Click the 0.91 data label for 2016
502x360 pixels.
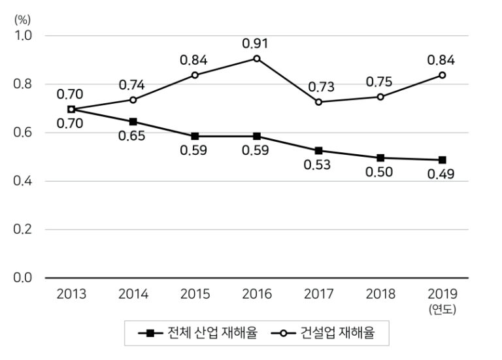(x=256, y=44)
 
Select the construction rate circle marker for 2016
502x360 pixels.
(x=257, y=58)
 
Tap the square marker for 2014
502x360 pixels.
(x=133, y=122)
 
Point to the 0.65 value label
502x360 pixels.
(x=132, y=137)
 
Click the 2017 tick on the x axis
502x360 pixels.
(x=318, y=294)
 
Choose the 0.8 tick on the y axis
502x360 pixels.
(x=23, y=84)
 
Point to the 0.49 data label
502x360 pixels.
(x=442, y=174)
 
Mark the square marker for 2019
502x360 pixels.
(x=443, y=160)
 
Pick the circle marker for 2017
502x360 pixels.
(x=318, y=102)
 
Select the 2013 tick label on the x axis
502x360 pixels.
(x=71, y=294)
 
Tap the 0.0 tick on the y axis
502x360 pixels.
(x=23, y=278)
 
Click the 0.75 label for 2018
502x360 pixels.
(x=380, y=82)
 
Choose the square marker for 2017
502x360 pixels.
(x=318, y=151)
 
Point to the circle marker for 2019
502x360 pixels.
(x=443, y=75)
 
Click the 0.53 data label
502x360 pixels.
(x=318, y=165)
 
